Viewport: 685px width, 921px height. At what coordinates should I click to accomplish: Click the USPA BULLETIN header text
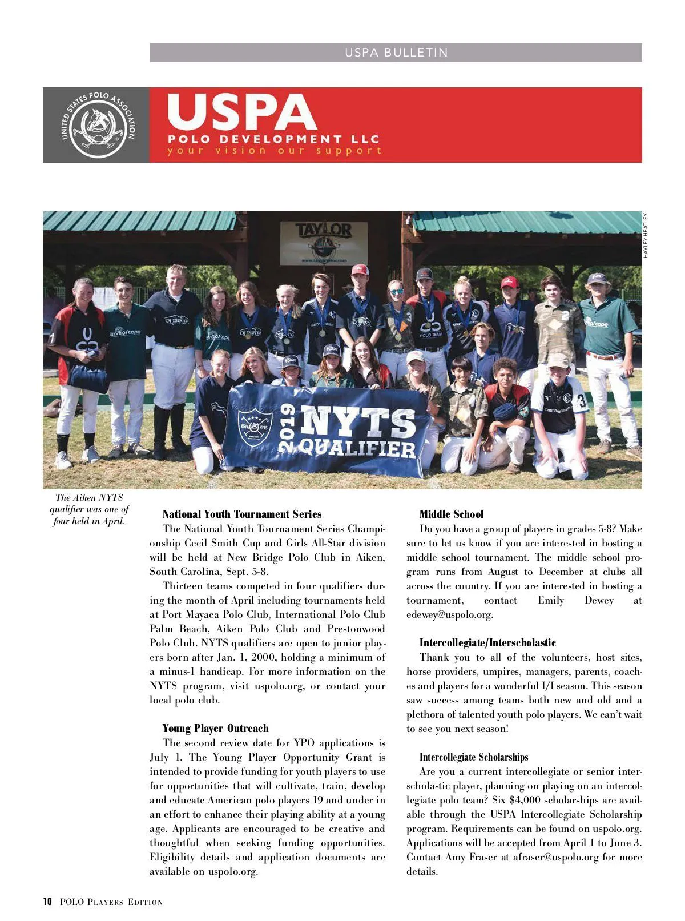point(396,53)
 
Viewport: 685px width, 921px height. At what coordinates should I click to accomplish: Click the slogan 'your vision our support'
point(274,151)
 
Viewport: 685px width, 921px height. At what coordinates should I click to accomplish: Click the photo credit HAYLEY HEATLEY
point(646,235)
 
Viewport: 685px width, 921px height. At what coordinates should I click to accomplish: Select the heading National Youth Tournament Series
point(242,514)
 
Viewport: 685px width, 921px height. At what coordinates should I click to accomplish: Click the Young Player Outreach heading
point(215,728)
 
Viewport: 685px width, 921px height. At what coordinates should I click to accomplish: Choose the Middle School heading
point(451,514)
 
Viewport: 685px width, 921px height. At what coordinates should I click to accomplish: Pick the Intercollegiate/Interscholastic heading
point(487,642)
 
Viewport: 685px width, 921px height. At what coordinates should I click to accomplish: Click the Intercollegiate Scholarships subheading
point(474,757)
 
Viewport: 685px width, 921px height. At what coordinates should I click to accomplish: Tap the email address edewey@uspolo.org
point(449,614)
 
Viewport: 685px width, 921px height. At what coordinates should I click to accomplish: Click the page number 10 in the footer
point(47,902)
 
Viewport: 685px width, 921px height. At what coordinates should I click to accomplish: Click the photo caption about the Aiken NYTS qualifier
point(89,509)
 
